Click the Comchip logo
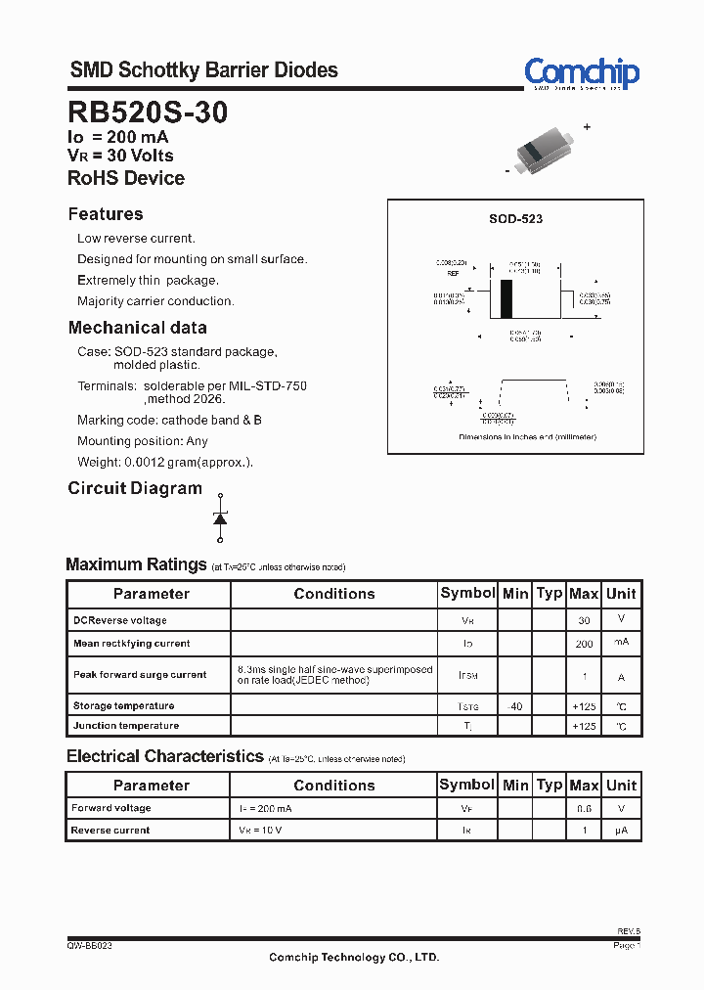tap(581, 73)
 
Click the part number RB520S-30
tap(148, 112)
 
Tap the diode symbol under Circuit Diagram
tap(220, 517)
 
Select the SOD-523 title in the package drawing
tap(515, 219)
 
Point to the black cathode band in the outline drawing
tap(506, 298)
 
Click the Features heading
tap(106, 214)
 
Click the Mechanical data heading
tap(137, 328)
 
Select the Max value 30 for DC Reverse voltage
tap(584, 620)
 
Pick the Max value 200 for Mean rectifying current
tap(584, 644)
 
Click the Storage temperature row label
tap(123, 705)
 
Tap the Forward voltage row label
tap(111, 808)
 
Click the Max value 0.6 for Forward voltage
tap(584, 809)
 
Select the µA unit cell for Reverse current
tap(621, 831)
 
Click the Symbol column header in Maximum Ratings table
tap(467, 593)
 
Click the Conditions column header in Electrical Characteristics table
tap(333, 785)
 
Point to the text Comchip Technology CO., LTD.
tap(354, 958)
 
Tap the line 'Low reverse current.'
tap(136, 239)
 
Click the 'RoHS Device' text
tap(126, 178)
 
